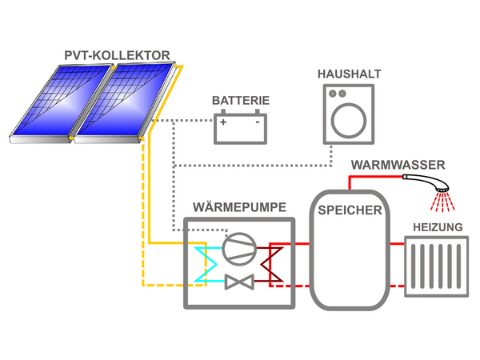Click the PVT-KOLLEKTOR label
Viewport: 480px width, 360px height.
pyautogui.click(x=116, y=56)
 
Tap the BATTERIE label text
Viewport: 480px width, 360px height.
pyautogui.click(x=240, y=102)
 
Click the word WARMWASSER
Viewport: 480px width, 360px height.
pyautogui.click(x=398, y=166)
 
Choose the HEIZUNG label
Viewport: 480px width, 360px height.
pyautogui.click(x=437, y=228)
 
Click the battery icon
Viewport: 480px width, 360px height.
pyautogui.click(x=240, y=128)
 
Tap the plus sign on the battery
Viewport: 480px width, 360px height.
pyautogui.click(x=224, y=122)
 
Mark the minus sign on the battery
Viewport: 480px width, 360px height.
pyautogui.click(x=257, y=122)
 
